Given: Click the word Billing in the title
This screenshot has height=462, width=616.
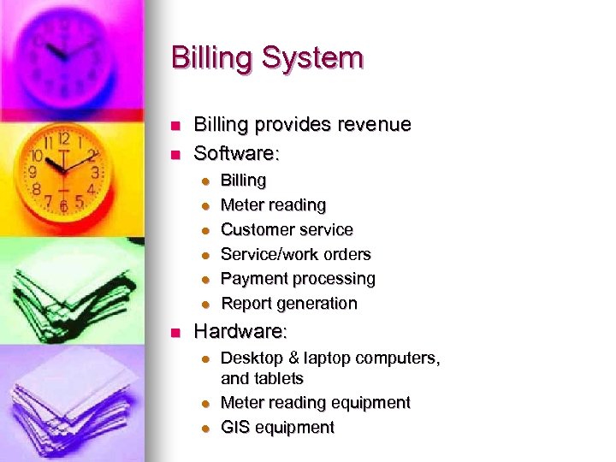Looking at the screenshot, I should [x=212, y=58].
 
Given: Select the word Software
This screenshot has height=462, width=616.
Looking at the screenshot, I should [x=236, y=154].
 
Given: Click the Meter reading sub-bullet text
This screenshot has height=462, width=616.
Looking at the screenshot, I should [x=273, y=205].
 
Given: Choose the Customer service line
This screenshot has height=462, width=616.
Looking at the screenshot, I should [x=287, y=229].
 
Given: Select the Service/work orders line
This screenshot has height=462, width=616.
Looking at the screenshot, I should [x=296, y=254].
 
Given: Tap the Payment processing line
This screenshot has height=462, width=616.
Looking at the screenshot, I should [x=298, y=279].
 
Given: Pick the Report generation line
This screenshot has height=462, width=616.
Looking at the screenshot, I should [x=289, y=304].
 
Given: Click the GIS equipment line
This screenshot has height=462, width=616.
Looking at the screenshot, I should [x=277, y=428].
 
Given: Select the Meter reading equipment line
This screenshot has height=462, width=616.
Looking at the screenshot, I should [x=316, y=403].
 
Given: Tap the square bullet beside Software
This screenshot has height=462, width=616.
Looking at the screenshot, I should [x=174, y=155].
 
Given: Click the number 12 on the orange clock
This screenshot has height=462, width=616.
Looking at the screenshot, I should [x=64, y=137].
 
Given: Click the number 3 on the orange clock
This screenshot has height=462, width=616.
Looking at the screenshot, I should [x=95, y=172].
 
